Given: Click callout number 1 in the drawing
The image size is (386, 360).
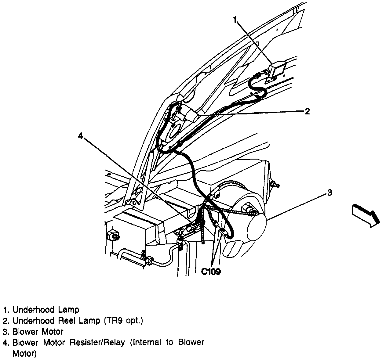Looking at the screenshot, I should pyautogui.click(x=235, y=20).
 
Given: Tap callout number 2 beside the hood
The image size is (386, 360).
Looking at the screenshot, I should pyautogui.click(x=307, y=111).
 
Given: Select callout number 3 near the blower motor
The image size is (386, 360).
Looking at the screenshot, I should pyautogui.click(x=329, y=193).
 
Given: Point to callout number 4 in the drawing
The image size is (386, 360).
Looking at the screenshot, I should pyautogui.click(x=80, y=136).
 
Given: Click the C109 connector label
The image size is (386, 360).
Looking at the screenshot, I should pyautogui.click(x=211, y=271).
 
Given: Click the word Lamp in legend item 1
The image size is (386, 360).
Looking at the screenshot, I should pyautogui.click(x=68, y=310).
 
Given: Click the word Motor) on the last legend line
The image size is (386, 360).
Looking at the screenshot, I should pyautogui.click(x=24, y=354).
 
